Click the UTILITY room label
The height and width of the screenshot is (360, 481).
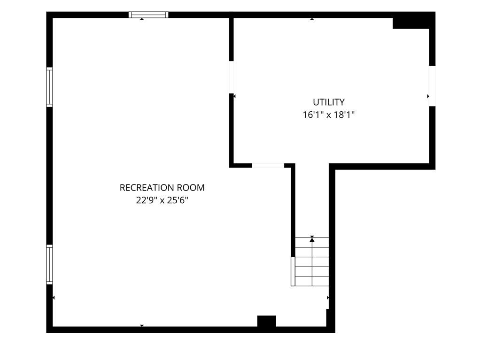tap(328, 102)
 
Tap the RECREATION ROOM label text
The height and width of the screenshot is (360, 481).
tap(162, 188)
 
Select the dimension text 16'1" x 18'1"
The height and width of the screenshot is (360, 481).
tap(328, 115)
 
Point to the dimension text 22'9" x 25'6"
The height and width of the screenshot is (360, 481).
tap(162, 200)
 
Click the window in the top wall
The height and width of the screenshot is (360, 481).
tap(148, 15)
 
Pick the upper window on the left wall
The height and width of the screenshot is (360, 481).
tap(49, 87)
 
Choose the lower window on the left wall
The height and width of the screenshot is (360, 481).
tap(49, 264)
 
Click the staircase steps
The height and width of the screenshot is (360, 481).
tap(312, 261)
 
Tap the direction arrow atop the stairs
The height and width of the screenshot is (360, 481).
tap(312, 239)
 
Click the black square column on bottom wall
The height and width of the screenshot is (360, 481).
tap(267, 321)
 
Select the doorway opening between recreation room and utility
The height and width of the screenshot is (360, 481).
tap(232, 77)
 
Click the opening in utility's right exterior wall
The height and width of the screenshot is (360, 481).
tap(432, 86)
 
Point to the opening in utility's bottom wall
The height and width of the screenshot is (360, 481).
tap(268, 166)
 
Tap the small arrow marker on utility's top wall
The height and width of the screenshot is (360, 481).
tap(312, 19)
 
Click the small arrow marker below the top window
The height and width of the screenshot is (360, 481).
tap(142, 19)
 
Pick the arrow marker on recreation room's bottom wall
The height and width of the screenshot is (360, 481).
tap(142, 326)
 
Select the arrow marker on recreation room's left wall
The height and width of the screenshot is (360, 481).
tap(54, 298)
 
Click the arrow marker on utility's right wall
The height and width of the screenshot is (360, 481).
tap(428, 96)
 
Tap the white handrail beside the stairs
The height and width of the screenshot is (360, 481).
tap(293, 271)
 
